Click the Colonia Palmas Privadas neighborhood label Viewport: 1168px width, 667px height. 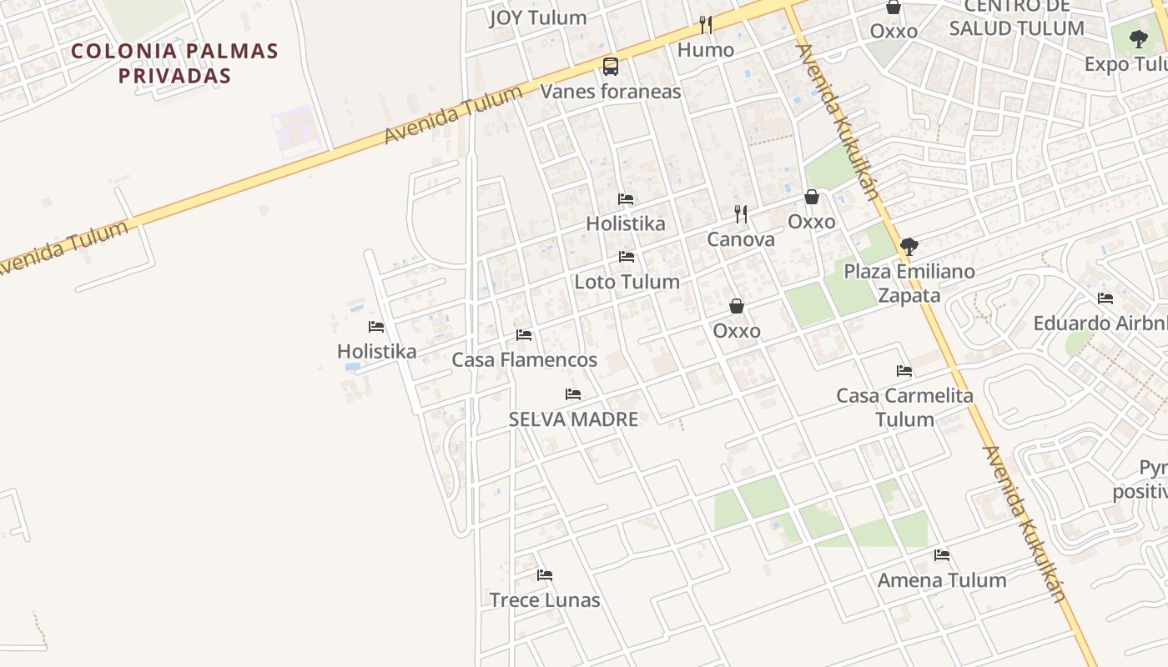click(174, 63)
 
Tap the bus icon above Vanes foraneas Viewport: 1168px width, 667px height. click(611, 66)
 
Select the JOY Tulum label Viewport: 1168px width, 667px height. click(538, 18)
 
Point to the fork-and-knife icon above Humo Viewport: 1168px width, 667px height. click(706, 25)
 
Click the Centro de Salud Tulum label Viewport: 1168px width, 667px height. click(1016, 18)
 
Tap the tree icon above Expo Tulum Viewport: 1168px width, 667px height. click(1138, 38)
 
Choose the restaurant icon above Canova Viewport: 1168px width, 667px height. click(741, 214)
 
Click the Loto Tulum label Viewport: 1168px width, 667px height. click(627, 282)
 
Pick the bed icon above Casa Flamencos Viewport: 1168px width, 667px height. click(524, 335)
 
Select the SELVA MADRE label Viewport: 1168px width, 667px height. click(573, 419)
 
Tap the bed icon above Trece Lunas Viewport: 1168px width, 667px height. click(545, 575)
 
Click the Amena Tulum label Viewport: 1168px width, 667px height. click(942, 580)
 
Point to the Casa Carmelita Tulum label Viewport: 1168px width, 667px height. click(904, 407)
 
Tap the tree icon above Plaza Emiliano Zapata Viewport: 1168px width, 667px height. click(909, 247)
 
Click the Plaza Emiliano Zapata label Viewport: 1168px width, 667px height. click(909, 283)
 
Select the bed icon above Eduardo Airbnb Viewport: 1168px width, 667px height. click(1105, 298)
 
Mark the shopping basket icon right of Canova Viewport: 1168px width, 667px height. click(811, 198)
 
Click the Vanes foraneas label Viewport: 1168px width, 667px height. click(611, 92)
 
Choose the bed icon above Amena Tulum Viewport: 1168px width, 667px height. click(942, 555)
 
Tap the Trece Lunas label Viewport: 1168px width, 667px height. click(545, 600)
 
